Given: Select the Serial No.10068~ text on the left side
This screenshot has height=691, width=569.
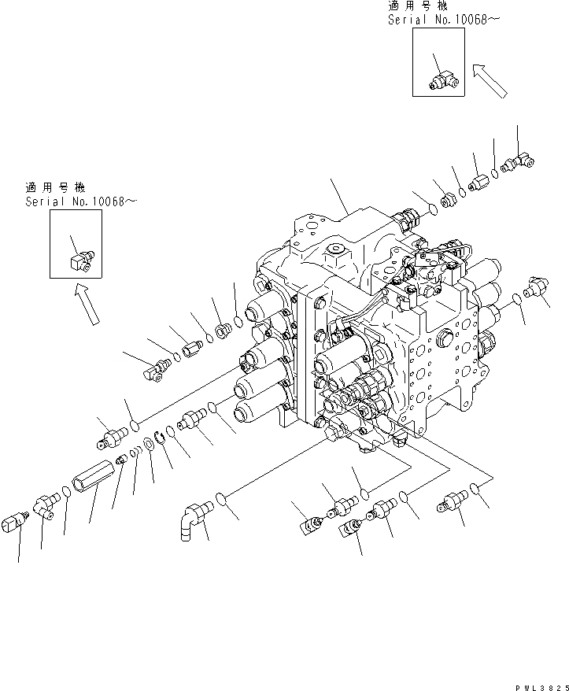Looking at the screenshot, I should [80, 203].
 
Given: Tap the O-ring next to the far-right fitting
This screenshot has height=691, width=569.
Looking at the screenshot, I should [516, 297].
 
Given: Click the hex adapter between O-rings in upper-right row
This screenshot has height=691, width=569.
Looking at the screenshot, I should [479, 183].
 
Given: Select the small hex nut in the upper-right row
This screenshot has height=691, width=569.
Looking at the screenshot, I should [448, 200].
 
